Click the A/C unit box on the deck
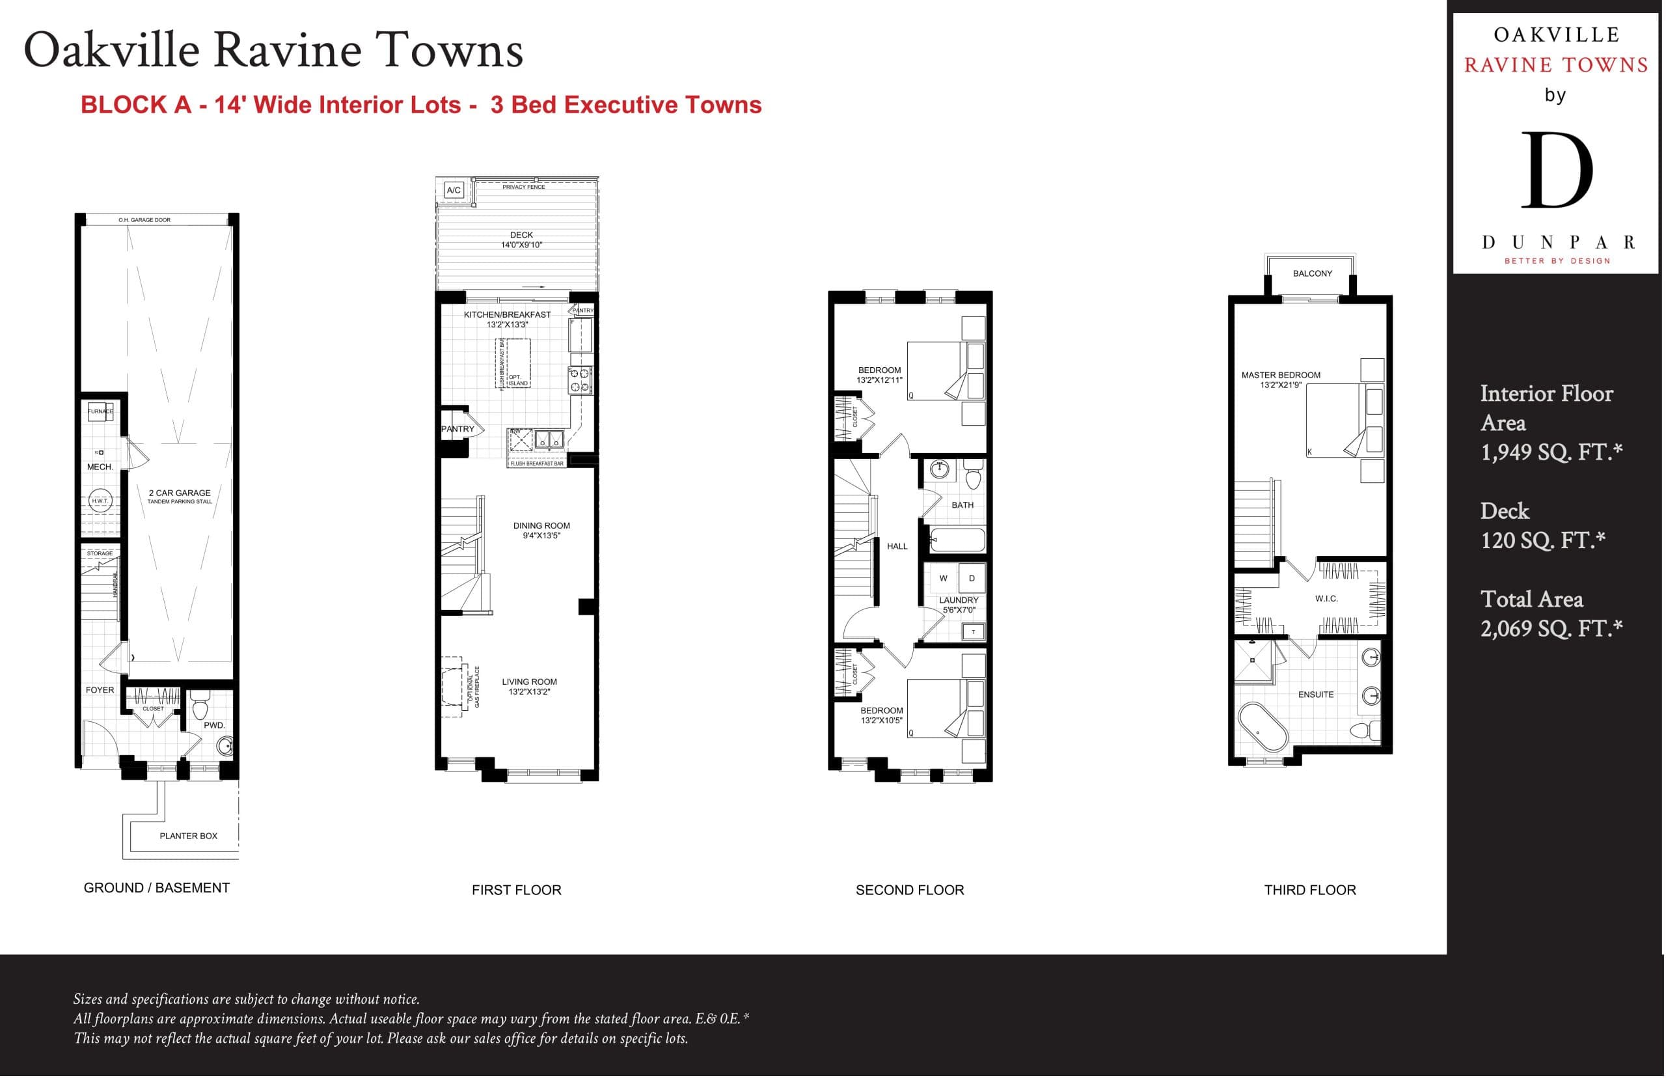pyautogui.click(x=454, y=189)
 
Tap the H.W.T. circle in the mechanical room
pyautogui.click(x=100, y=501)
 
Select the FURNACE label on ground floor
pyautogui.click(x=100, y=411)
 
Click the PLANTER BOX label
pyautogui.click(x=188, y=836)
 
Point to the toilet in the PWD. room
pyautogui.click(x=200, y=708)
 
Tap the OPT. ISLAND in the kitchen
pyautogui.click(x=517, y=380)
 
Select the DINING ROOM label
pyautogui.click(x=541, y=526)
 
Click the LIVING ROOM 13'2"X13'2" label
pyautogui.click(x=529, y=687)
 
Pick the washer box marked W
pyautogui.click(x=943, y=578)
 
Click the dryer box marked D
pyautogui.click(x=971, y=578)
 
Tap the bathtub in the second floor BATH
pyautogui.click(x=958, y=540)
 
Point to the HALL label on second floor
pyautogui.click(x=897, y=546)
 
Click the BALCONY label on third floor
pyautogui.click(x=1312, y=273)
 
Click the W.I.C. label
pyautogui.click(x=1326, y=598)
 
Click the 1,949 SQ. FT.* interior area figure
pyautogui.click(x=1551, y=452)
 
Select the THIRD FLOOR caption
pyautogui.click(x=1309, y=890)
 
